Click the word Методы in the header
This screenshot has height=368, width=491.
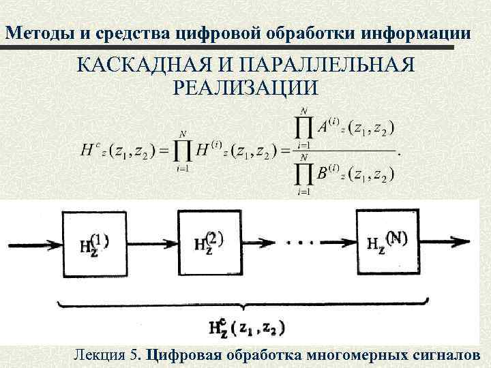[33, 33]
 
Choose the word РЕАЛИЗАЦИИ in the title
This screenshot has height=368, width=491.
[246, 89]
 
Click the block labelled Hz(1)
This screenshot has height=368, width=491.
[94, 242]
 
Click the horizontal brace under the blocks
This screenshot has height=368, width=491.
[245, 305]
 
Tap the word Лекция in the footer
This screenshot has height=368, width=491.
[100, 355]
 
